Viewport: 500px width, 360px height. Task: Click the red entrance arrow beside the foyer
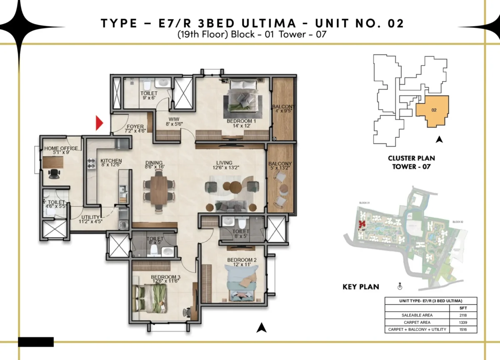pyautogui.click(x=99, y=123)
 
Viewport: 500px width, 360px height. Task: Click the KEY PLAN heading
pyautogui.click(x=360, y=287)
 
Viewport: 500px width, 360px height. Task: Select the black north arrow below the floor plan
pyautogui.click(x=261, y=328)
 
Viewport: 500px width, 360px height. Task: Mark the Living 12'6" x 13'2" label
pyautogui.click(x=224, y=165)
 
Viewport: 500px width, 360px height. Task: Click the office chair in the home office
pyautogui.click(x=52, y=173)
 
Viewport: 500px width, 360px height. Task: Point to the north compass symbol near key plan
pyautogui.click(x=399, y=286)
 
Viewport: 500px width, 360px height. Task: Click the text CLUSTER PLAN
pyautogui.click(x=411, y=158)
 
